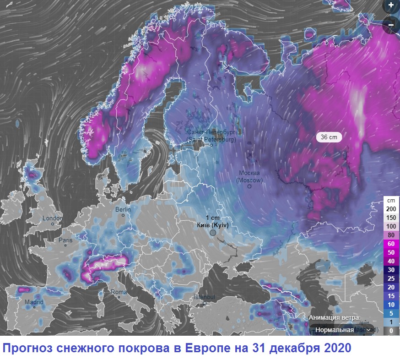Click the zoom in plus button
click(x=391, y=5)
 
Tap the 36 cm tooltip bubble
click(x=329, y=136)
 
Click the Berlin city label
click(x=123, y=209)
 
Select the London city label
click(x=52, y=218)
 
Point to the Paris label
click(x=65, y=240)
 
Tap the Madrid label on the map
click(x=34, y=302)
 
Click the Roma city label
click(x=119, y=292)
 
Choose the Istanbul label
click(x=204, y=297)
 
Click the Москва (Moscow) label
click(x=249, y=176)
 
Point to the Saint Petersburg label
click(x=211, y=135)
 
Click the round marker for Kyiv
click(x=213, y=233)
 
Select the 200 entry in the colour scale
click(x=391, y=209)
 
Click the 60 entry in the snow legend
click(x=391, y=244)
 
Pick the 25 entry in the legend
click(x=391, y=278)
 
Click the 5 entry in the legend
click(x=391, y=313)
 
